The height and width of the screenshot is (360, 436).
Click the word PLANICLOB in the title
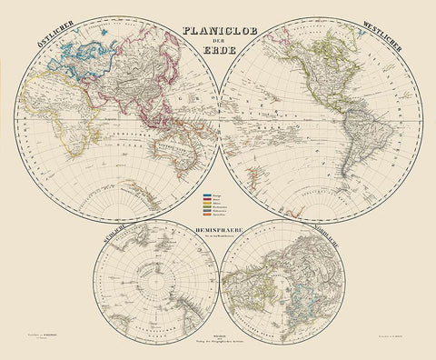click(x=218, y=28)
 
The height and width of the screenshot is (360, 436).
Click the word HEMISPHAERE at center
click(x=217, y=233)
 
